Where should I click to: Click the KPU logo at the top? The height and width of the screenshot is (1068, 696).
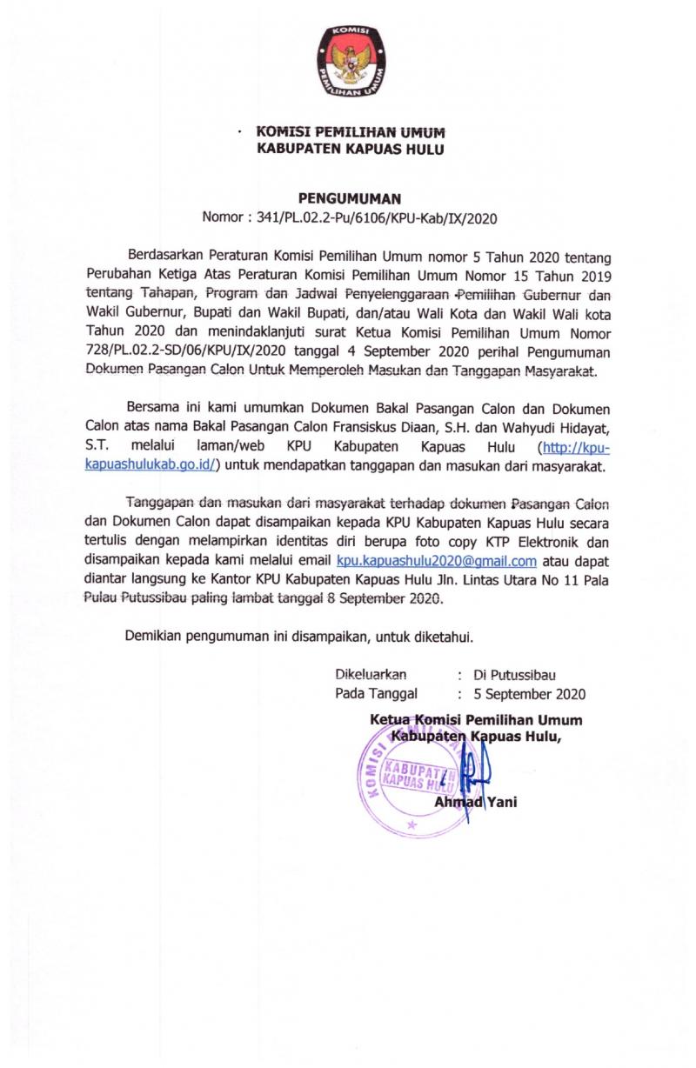(351, 62)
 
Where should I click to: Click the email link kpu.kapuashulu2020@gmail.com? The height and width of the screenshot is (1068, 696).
(436, 561)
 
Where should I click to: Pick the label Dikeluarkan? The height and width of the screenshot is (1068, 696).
(371, 675)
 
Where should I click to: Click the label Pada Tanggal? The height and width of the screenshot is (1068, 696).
(376, 694)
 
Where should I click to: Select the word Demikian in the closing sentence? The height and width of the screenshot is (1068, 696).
(155, 637)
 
